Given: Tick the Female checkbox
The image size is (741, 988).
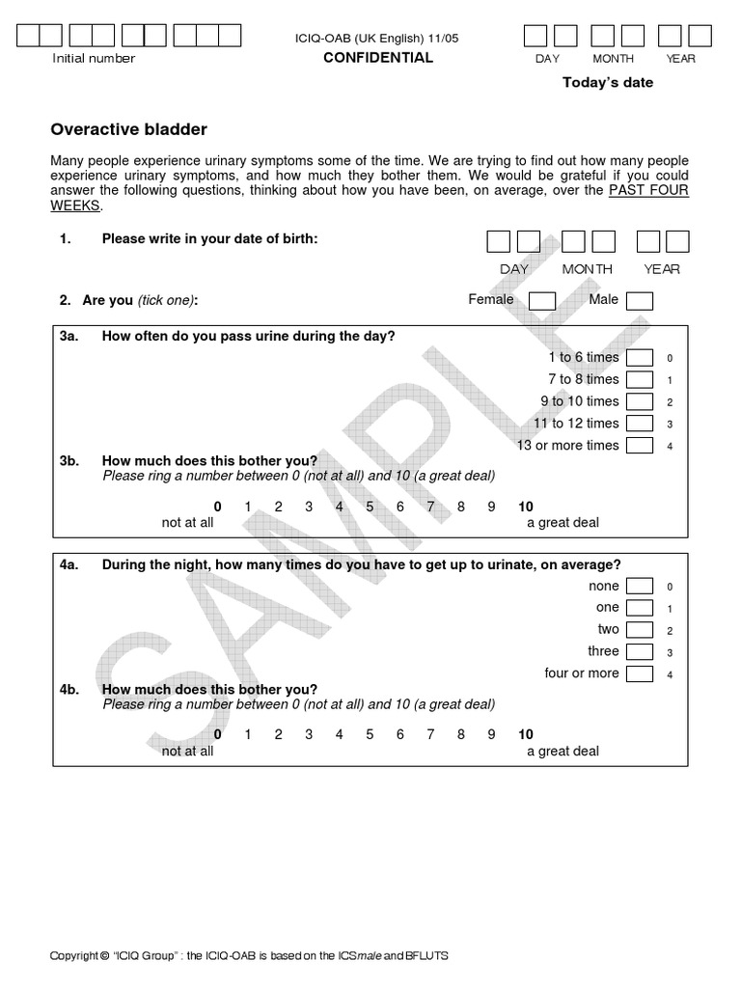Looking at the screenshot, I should coord(541,301).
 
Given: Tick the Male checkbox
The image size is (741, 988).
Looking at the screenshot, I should coord(639,301).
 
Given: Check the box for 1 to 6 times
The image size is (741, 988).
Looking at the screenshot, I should coord(639,358).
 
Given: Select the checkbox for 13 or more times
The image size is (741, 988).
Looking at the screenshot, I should coord(639,446).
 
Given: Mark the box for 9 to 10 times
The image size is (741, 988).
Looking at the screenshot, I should coord(639,402).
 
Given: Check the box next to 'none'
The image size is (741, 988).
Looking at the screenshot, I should coord(639,587).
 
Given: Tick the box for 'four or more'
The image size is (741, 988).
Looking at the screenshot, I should coord(639,674).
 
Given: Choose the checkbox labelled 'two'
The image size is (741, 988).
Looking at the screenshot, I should coord(639,630).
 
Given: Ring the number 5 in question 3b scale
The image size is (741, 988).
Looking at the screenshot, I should coord(369,507).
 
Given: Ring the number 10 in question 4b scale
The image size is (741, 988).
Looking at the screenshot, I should coord(525,734).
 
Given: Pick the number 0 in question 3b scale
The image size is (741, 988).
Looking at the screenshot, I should coord(217,507).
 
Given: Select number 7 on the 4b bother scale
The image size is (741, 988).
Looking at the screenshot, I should coord(430,734).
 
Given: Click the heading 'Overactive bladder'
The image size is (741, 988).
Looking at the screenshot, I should coord(128,129).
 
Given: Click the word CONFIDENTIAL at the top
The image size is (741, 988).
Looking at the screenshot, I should coord(377,58).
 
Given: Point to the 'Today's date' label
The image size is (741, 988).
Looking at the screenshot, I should coord(608,83).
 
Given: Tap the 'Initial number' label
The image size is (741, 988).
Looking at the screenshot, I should coord(94,59).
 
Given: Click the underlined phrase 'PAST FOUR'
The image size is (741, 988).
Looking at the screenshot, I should coord(648,190).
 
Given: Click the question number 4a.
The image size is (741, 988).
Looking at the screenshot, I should coord(69,565).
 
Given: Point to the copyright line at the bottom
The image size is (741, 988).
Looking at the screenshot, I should coord(249,956).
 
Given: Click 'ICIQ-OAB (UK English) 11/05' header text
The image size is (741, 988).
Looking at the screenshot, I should coord(377,38).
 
